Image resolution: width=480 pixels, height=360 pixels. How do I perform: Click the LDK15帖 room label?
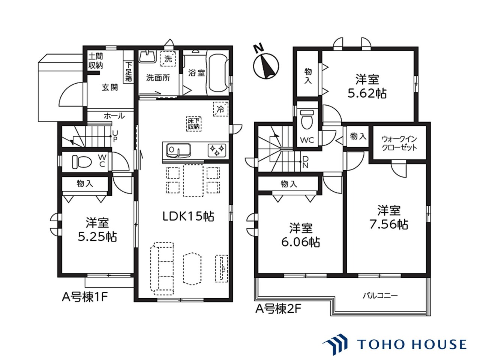pos(188,216)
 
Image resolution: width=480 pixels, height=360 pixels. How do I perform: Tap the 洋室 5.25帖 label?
pos(97,229)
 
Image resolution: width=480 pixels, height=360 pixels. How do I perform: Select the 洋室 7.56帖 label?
pos(388,217)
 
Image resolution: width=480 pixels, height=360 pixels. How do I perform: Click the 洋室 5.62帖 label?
pos(367,86)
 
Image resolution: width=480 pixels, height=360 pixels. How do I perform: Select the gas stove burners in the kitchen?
pos(217,150)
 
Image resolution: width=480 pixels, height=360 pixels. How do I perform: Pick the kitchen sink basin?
pos(178,150)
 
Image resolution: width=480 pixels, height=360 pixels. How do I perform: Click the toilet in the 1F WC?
pos(82,162)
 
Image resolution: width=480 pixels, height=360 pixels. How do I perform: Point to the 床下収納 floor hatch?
pos(194,124)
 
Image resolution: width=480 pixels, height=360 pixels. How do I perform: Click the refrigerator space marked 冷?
pos(220,109)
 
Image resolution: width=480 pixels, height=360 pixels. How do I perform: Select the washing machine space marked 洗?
pos(168,59)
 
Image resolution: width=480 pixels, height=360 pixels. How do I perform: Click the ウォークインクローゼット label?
pos(399,143)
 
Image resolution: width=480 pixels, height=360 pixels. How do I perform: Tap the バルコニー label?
pos(380,296)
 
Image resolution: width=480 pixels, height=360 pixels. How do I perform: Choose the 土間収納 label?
pos(96,61)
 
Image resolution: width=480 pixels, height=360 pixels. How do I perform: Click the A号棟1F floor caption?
pos(85,297)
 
